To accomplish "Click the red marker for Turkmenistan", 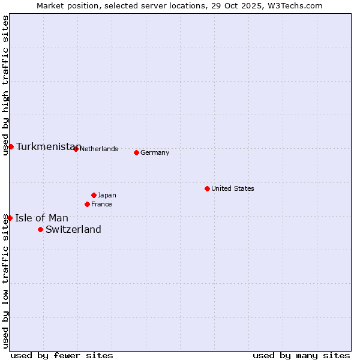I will (x=11, y=146).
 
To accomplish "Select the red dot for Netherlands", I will (x=76, y=149).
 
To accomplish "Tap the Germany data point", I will (x=136, y=152).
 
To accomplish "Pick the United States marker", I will (x=207, y=188).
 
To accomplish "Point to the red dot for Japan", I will (x=94, y=195).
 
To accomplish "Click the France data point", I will (x=87, y=204).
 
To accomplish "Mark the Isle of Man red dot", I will (x=10, y=218).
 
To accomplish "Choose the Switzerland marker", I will (x=40, y=229).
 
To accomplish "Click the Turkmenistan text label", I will (x=48, y=147).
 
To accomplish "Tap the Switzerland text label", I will (x=73, y=229).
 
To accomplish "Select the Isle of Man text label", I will (x=41, y=218).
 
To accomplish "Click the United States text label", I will (x=232, y=188).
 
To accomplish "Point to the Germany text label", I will (x=155, y=152).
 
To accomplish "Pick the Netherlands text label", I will (x=98, y=149).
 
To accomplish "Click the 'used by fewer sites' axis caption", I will (x=62, y=355).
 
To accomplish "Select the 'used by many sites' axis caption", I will (x=301, y=355).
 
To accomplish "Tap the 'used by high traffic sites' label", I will (x=5, y=85).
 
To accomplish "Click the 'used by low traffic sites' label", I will (x=5, y=281).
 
